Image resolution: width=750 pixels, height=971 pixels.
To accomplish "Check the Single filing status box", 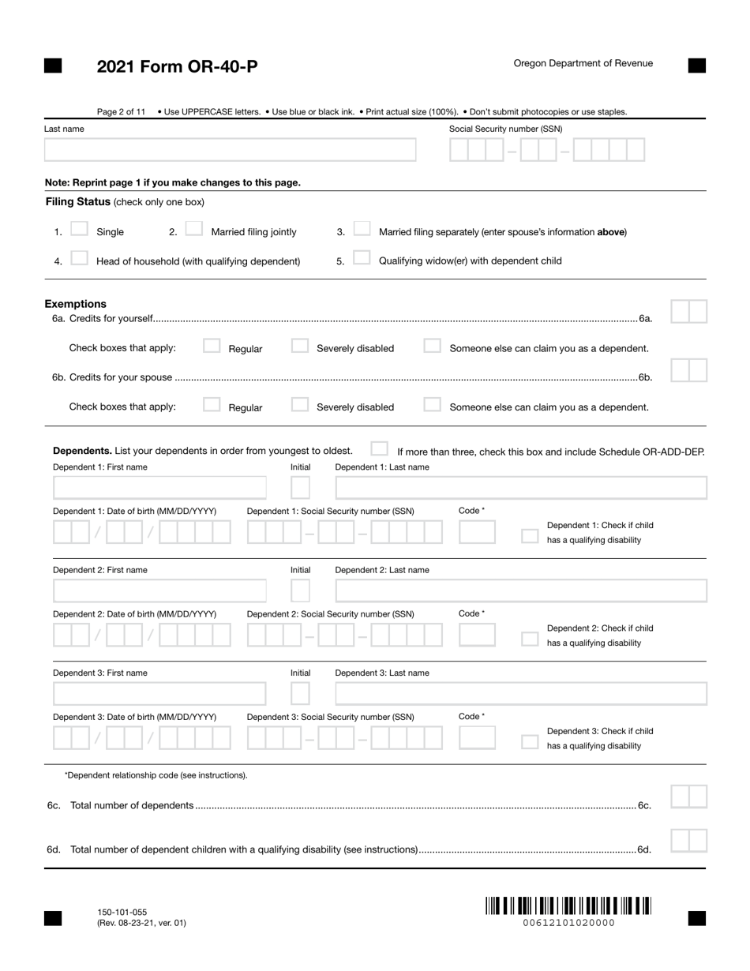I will [79, 229].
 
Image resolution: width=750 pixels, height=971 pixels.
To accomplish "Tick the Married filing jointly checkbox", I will [193, 229].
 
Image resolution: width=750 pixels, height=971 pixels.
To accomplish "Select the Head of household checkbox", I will [79, 258].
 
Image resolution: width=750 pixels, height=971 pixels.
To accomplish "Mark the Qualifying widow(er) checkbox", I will [362, 258].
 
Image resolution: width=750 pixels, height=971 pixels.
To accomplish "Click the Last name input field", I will [230, 150].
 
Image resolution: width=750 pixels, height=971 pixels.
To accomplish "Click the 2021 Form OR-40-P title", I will [177, 66].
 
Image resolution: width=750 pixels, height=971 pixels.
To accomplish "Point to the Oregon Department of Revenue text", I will [583, 63].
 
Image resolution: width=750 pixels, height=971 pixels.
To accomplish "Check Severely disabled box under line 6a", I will [299, 346].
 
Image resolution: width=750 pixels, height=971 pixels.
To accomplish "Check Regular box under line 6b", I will [211, 405].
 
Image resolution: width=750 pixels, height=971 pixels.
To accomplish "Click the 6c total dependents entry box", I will [688, 797].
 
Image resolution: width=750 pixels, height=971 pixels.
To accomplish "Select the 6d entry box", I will [688, 841].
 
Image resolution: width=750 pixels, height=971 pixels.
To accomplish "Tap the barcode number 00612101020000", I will [568, 923].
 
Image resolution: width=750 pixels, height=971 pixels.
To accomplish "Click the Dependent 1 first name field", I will [159, 488].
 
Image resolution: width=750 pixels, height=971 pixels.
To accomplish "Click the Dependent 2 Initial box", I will [300, 590].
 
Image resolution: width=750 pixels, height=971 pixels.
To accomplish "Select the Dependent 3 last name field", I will [521, 694].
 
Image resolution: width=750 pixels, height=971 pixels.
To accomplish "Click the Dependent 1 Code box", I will [477, 533].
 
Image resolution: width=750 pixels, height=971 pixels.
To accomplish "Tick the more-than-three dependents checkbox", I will [379, 449].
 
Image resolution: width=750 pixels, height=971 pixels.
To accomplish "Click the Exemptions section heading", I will [75, 304].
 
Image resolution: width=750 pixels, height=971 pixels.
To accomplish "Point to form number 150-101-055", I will [122, 912].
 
